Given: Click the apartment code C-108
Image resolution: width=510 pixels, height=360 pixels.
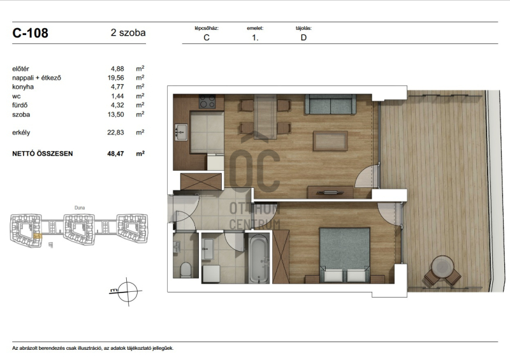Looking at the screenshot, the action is tap(30, 33).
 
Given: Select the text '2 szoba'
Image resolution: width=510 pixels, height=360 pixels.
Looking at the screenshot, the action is tap(128, 32).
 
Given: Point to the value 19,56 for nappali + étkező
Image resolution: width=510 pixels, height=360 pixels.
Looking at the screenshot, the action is tap(116, 78).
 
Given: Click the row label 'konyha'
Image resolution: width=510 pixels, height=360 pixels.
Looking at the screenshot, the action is tap(23, 87).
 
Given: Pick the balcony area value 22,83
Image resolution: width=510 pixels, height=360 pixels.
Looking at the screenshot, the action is tap(116, 133).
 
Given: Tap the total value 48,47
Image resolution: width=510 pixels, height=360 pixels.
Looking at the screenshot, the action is tap(116, 154).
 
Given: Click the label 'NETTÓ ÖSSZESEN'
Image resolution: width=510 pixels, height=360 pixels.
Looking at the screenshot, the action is tap(43, 154).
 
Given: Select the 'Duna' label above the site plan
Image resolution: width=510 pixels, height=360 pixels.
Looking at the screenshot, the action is tap(80, 208).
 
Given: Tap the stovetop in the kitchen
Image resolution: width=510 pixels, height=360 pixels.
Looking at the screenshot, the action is tap(207, 101).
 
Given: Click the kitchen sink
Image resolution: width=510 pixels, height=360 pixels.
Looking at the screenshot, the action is tap(181, 133).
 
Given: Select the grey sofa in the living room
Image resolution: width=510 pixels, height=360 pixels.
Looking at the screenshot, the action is tap(330, 104).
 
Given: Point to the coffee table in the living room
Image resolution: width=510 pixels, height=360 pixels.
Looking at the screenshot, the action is tap(330, 140).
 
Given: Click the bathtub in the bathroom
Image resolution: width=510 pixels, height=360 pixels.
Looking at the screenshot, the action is tap(259, 259).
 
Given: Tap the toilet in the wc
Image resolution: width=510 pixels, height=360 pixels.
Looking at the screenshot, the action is tap(186, 269).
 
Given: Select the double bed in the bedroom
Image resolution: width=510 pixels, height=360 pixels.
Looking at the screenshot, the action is tap(344, 255).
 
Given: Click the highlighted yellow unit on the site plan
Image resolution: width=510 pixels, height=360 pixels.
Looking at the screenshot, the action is tap(38, 236).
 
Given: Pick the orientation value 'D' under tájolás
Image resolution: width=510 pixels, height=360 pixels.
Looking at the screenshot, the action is tap(303, 38).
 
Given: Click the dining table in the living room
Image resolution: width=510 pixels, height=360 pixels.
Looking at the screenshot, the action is tap(265, 117).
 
